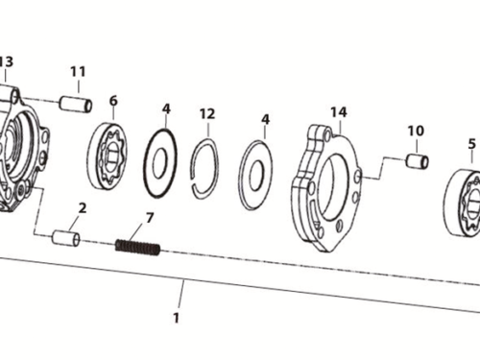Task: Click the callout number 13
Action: (6, 61)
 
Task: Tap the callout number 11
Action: (78, 71)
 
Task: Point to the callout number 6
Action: (113, 100)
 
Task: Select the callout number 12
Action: (206, 113)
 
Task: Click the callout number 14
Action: (338, 112)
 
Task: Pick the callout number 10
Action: (415, 131)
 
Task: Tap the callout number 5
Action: (471, 144)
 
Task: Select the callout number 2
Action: (83, 208)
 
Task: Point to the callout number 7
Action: (149, 218)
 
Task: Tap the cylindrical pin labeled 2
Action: (66, 236)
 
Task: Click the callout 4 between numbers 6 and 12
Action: (166, 108)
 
